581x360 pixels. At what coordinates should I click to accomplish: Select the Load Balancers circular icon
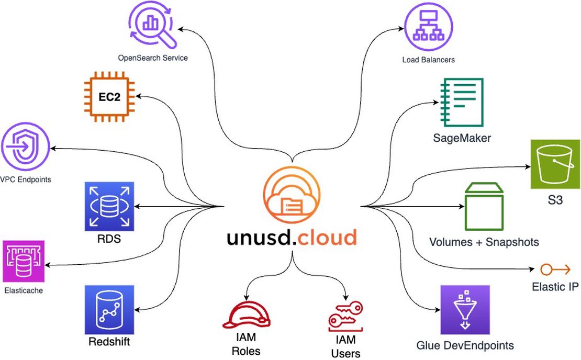click(428, 26)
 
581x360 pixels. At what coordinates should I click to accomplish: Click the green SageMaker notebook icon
click(462, 103)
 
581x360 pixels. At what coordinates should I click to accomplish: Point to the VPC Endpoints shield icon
click(25, 147)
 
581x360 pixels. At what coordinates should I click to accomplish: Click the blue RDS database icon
click(109, 206)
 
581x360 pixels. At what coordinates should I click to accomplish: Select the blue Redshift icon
click(109, 310)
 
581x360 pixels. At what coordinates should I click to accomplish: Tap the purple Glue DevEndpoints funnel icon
click(465, 310)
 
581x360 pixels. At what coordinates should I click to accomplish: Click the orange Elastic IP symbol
click(554, 270)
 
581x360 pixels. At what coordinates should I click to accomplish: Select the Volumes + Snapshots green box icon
click(483, 206)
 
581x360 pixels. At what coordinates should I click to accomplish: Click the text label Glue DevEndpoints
click(465, 345)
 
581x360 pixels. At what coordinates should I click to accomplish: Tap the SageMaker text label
click(462, 138)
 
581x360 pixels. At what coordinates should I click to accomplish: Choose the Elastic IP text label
click(555, 287)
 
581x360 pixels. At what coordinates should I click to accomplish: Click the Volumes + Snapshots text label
click(484, 242)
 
